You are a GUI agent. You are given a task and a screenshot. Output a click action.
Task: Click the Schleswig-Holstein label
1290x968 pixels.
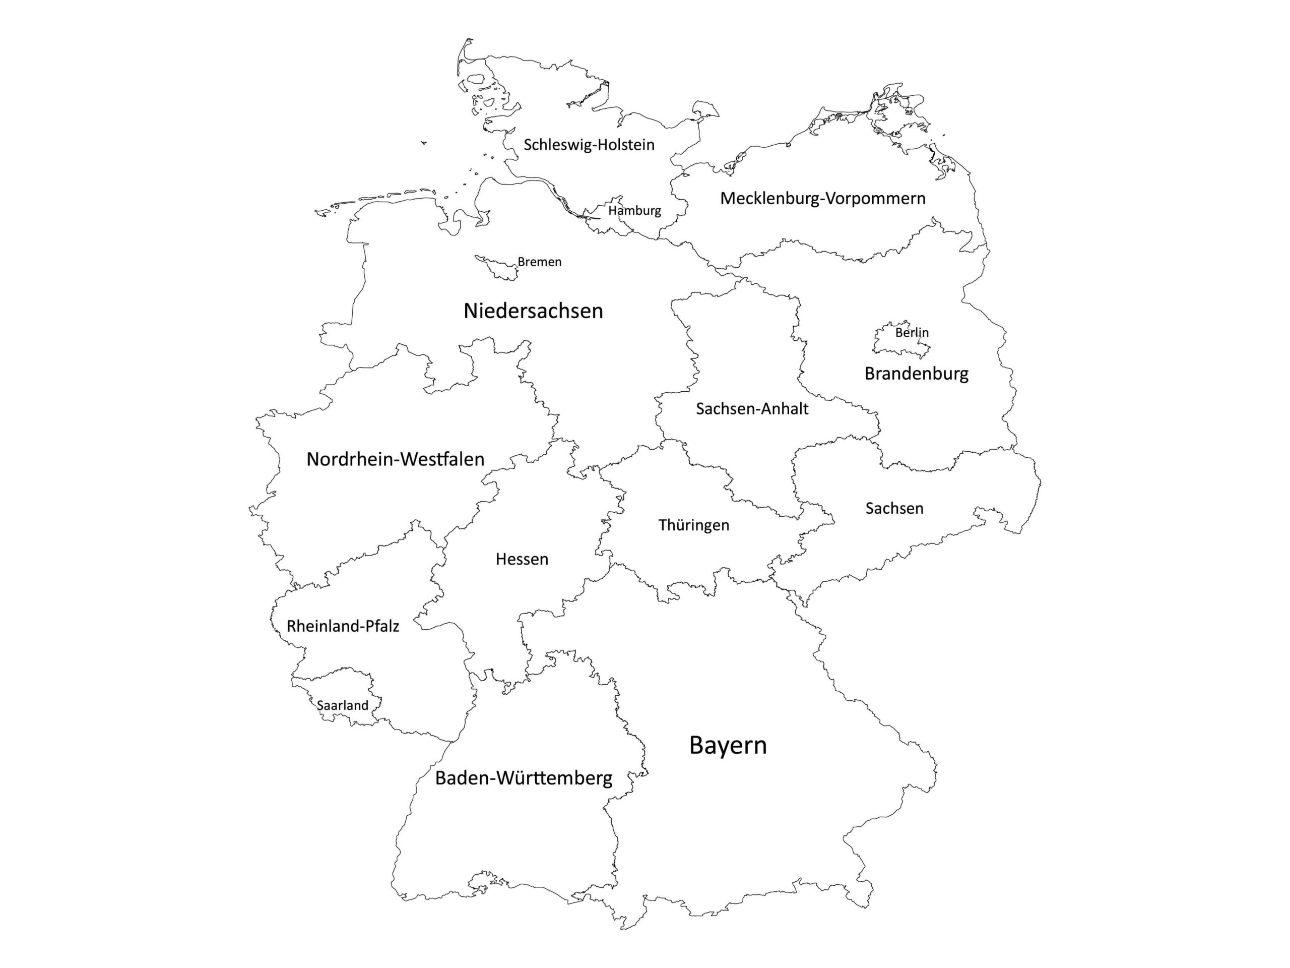589,145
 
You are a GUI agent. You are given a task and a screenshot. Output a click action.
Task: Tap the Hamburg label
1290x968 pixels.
634,211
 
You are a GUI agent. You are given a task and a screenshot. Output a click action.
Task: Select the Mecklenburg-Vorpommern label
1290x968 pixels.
822,198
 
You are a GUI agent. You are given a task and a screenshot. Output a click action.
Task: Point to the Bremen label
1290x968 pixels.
540,262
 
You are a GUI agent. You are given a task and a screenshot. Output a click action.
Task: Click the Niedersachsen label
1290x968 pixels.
533,311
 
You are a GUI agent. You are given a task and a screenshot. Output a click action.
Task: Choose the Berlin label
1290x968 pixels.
912,333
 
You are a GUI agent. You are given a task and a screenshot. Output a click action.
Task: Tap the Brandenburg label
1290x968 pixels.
916,374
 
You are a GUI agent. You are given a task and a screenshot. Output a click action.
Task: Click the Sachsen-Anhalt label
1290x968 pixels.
752,409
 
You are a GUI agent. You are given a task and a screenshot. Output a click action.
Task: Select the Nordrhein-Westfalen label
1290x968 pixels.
396,460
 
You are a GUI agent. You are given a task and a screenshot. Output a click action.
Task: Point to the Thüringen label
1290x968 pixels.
693,525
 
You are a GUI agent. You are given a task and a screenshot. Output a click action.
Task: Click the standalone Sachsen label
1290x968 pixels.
894,509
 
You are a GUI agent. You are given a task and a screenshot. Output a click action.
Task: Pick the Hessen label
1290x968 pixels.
522,560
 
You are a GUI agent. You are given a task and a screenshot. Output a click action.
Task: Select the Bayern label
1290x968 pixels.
728,746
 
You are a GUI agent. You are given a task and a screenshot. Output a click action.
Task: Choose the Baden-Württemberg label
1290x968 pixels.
524,778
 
